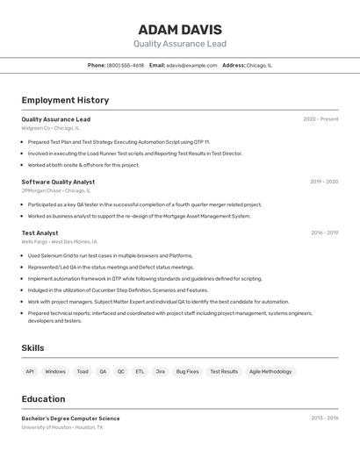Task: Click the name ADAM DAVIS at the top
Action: (180, 30)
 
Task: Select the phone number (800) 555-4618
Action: (126, 65)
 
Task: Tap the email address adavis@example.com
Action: (192, 65)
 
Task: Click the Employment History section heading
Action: (65, 100)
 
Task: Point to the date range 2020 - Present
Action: (320, 119)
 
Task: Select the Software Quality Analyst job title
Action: (58, 182)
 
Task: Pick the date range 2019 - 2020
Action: (324, 182)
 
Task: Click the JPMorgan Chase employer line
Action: (55, 190)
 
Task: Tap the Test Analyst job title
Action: (40, 232)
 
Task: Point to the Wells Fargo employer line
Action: (59, 241)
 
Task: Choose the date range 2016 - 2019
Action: (324, 232)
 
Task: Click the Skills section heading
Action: (32, 348)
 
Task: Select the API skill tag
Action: (30, 371)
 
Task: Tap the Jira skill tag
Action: (160, 371)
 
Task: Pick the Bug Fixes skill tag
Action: (187, 371)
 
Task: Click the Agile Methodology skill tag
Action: (270, 371)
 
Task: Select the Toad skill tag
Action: (83, 371)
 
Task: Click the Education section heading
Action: (43, 399)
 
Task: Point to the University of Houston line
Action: (62, 427)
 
